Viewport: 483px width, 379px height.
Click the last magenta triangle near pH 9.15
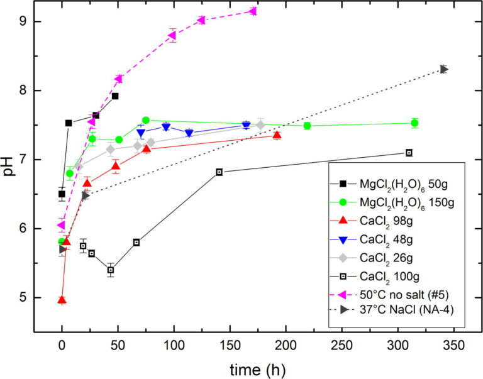pyautogui.click(x=253, y=11)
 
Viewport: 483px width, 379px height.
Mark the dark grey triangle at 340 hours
pyautogui.click(x=444, y=69)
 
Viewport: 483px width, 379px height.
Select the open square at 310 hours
pyautogui.click(x=409, y=153)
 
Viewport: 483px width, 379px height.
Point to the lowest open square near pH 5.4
pyautogui.click(x=111, y=270)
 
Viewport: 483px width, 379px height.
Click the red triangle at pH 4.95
pyautogui.click(x=62, y=300)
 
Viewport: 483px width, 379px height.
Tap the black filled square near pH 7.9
pyautogui.click(x=115, y=96)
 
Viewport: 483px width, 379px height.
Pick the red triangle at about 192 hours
pyautogui.click(x=277, y=135)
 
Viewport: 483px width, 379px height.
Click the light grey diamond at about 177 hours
pyautogui.click(x=260, y=125)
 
